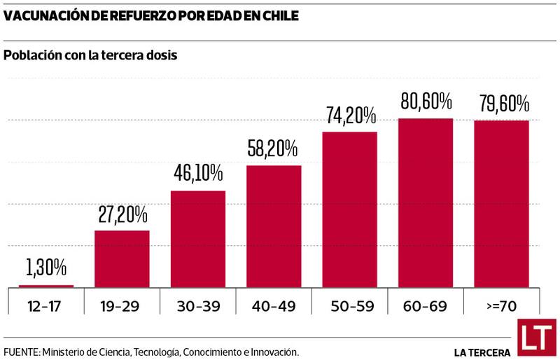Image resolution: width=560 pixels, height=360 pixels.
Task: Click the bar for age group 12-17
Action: point(46,286)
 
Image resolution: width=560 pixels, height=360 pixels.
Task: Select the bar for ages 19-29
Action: point(122,258)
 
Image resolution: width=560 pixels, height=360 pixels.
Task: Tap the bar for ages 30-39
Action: point(198,239)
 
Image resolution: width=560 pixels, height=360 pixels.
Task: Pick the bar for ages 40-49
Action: point(274,226)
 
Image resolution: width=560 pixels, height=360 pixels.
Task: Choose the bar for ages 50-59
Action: point(349,209)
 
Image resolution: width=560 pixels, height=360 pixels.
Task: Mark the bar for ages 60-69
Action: point(426,203)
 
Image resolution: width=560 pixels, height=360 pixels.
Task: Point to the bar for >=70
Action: point(501,204)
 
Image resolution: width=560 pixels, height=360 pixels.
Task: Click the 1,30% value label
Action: point(46,267)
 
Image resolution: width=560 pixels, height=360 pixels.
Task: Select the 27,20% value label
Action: point(122,213)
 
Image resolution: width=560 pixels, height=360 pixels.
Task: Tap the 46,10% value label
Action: point(198,173)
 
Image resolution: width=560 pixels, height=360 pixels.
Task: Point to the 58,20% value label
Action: point(274,148)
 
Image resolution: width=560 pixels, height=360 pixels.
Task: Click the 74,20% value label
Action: point(349,115)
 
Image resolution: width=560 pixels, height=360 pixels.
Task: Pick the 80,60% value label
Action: point(426,102)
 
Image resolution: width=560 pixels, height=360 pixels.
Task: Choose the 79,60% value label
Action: point(501,104)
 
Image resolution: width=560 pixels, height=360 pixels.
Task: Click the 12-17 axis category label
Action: point(46,305)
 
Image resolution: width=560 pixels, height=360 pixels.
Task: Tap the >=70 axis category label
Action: point(501,305)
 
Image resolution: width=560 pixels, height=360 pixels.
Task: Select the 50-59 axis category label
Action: point(349,305)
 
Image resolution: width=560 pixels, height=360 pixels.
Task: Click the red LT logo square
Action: point(537,338)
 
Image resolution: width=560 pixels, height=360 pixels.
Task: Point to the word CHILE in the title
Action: point(276,15)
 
